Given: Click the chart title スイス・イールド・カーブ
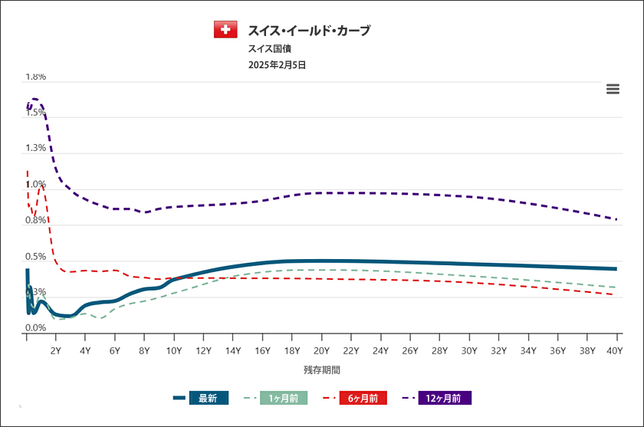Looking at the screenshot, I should click(309, 31).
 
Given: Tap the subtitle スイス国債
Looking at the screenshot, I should click(264, 48).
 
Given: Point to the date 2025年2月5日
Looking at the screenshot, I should click(277, 65).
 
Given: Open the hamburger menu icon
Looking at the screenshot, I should click(613, 89).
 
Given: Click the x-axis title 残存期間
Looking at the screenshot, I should click(321, 370).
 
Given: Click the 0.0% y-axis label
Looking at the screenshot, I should click(36, 328).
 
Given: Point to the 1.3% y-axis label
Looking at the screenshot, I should click(36, 149).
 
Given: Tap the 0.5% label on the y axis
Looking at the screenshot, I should click(36, 256).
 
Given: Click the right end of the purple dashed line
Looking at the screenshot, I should click(617, 219).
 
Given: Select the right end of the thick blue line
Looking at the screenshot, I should click(617, 269).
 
